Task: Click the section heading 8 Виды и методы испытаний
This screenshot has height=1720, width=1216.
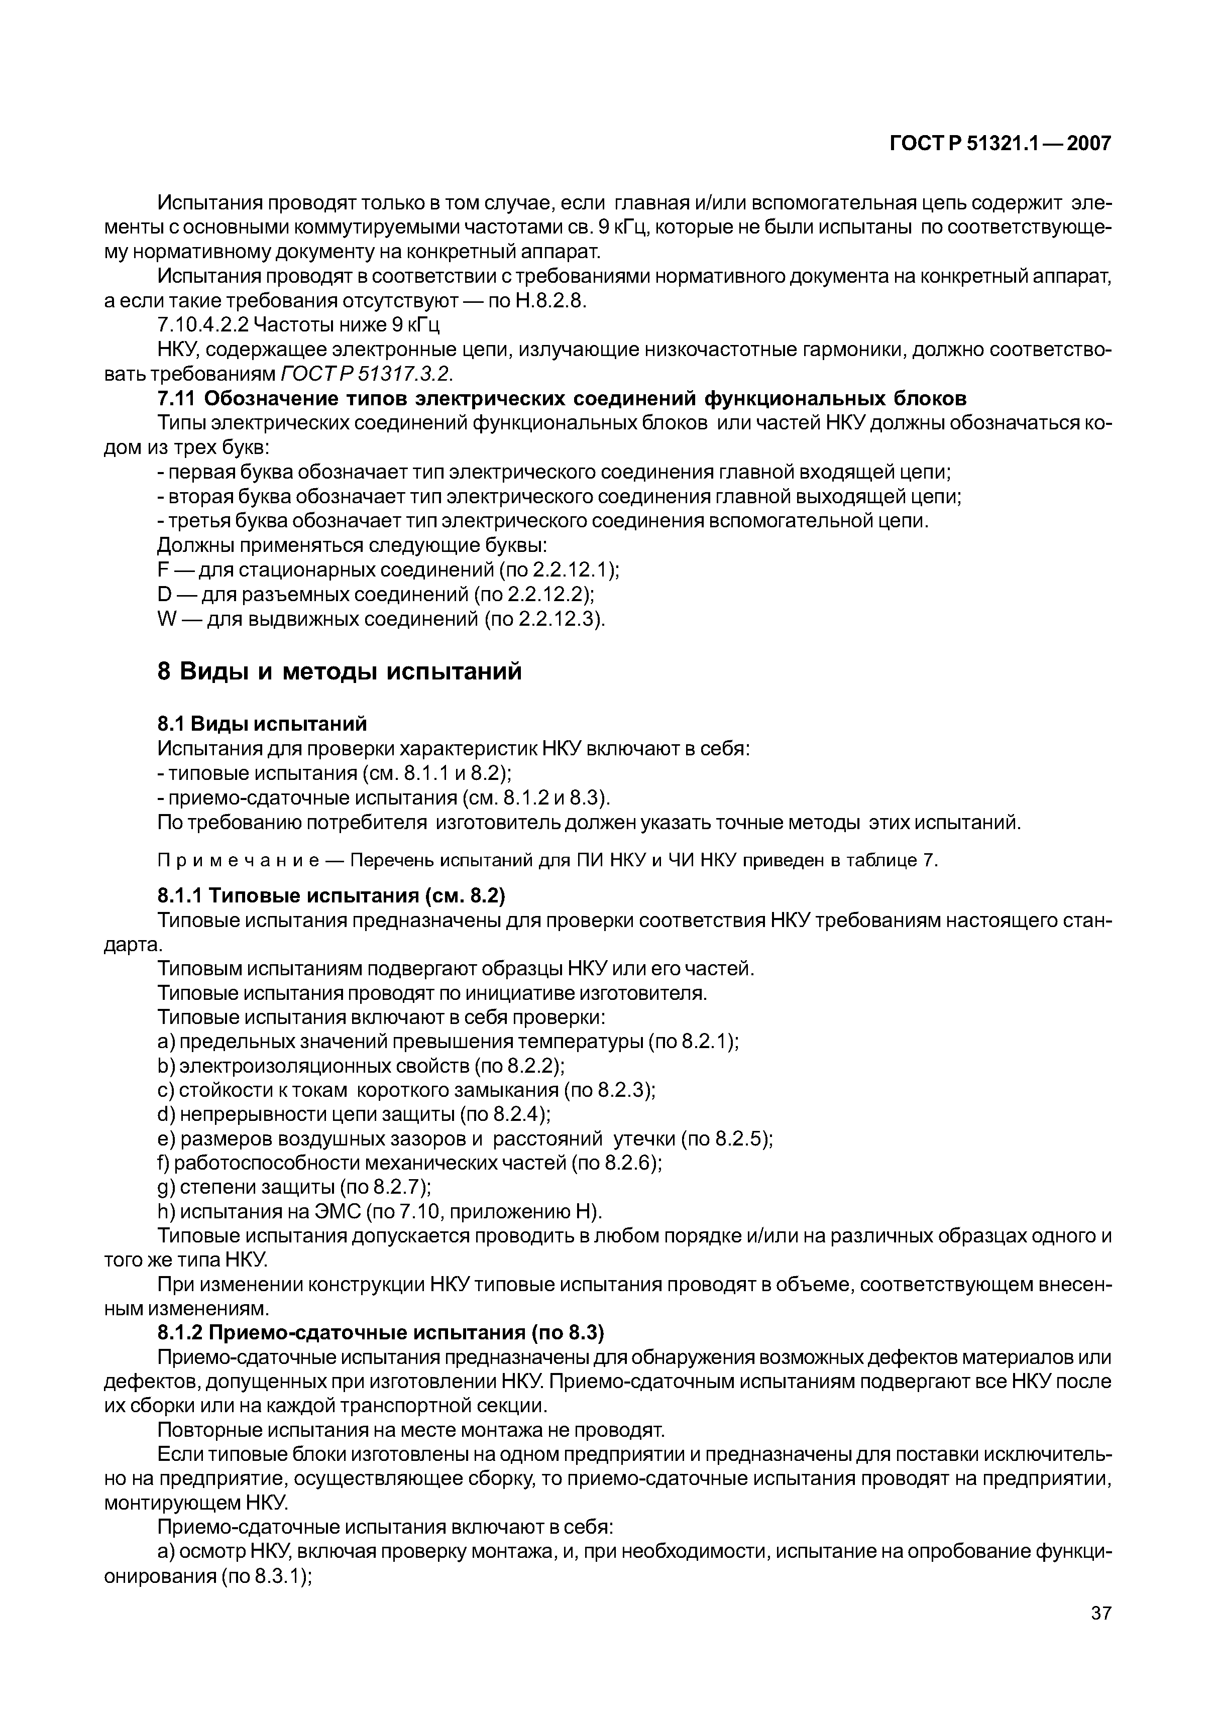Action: pyautogui.click(x=340, y=671)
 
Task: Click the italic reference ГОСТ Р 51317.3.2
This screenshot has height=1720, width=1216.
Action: pyautogui.click(x=367, y=374)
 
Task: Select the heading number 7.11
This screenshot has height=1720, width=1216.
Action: pyautogui.click(x=176, y=398)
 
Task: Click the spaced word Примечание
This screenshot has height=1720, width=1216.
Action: pyautogui.click(x=239, y=860)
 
